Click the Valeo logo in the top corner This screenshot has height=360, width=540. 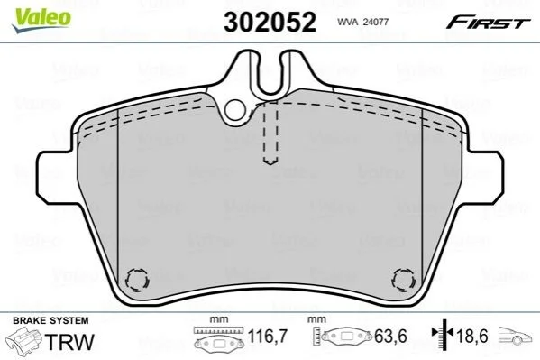41,20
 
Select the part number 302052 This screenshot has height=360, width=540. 270,22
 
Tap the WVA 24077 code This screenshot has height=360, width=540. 362,23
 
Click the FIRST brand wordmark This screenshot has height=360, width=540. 488,23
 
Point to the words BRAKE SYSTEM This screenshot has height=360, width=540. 50,320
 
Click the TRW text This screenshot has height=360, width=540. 69,341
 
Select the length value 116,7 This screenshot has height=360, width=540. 267,336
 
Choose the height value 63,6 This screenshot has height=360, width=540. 391,336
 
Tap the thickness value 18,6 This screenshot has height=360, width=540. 472,336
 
